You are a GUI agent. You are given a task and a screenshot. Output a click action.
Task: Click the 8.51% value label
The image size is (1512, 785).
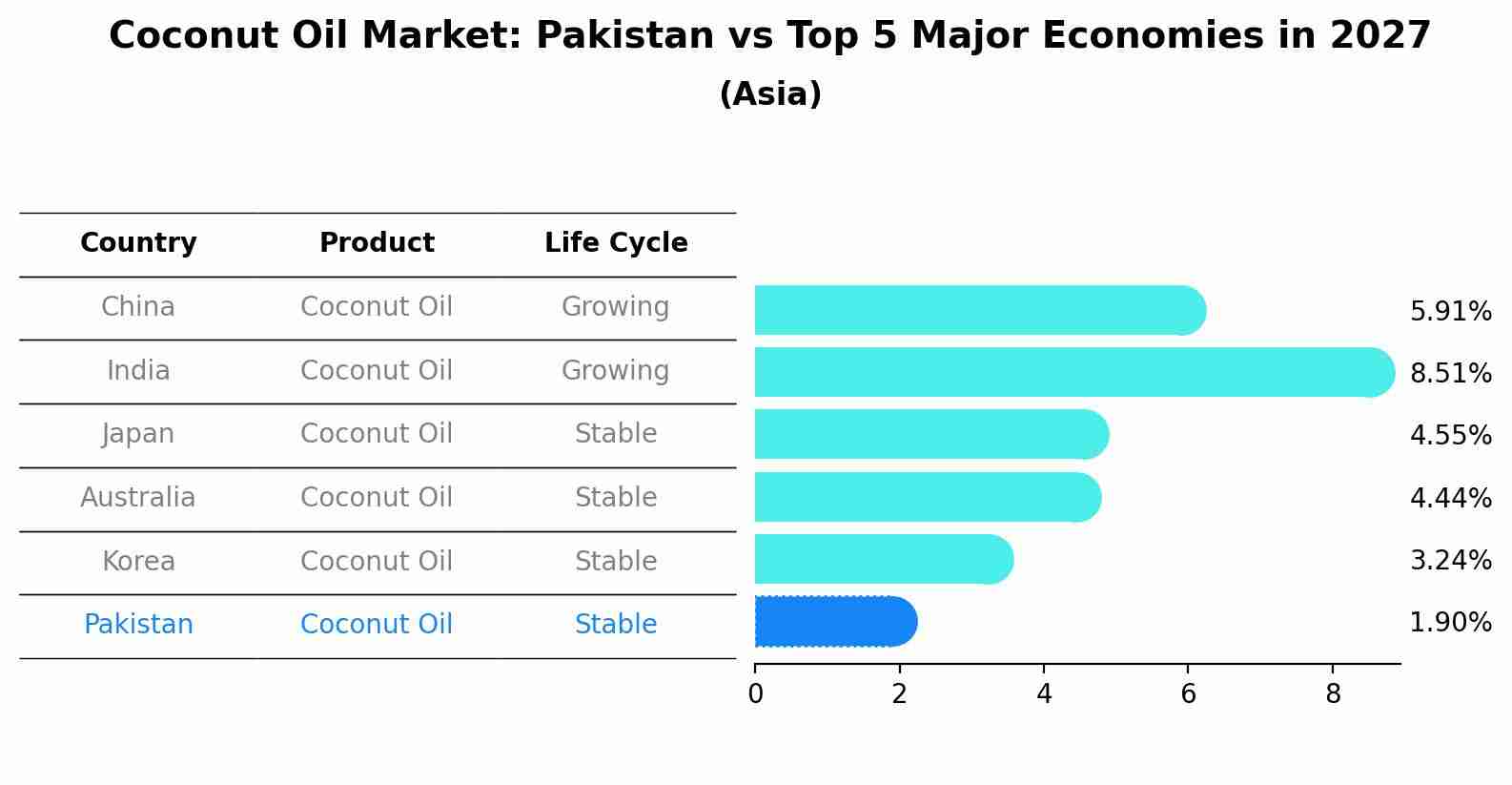coord(1450,373)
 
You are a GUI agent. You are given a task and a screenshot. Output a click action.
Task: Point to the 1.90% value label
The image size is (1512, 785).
coord(1450,623)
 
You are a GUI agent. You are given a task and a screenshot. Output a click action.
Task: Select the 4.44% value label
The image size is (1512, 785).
coord(1450,498)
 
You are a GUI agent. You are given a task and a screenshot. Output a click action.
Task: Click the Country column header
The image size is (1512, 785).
coord(138,243)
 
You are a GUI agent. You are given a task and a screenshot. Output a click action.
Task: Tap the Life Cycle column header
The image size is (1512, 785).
coord(616,243)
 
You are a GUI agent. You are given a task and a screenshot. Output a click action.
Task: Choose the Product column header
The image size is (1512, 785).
coord(377,243)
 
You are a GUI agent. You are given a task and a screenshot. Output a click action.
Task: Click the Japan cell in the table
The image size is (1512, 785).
coord(138,434)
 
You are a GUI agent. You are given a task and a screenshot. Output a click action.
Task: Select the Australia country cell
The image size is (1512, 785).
coord(138,498)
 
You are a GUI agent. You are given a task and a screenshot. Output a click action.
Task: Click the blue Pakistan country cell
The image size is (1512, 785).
coord(138,625)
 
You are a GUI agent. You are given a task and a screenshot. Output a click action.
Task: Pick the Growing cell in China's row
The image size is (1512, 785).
coord(615,307)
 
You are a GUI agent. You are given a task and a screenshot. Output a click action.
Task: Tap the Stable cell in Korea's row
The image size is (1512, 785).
coord(615,561)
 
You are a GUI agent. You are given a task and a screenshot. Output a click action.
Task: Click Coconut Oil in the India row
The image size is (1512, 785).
coord(377,370)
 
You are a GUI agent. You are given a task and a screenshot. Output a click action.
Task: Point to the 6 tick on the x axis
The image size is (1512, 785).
coord(1188,694)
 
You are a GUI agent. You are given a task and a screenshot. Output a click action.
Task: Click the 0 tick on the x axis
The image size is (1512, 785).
coord(755,694)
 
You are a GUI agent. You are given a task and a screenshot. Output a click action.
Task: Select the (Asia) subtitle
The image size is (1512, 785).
coord(770,94)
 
